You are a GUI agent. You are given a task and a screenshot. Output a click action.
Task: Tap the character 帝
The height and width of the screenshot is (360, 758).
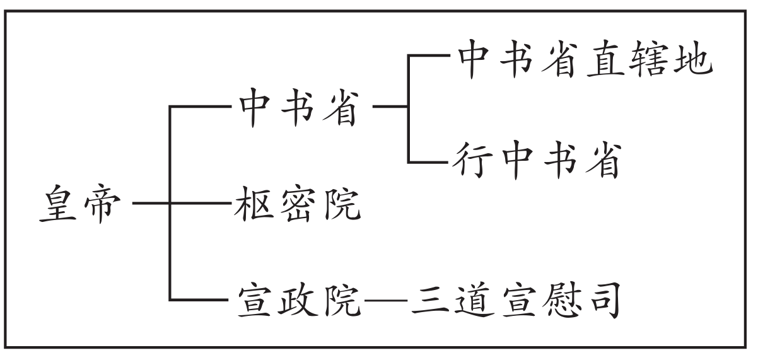(99, 203)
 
